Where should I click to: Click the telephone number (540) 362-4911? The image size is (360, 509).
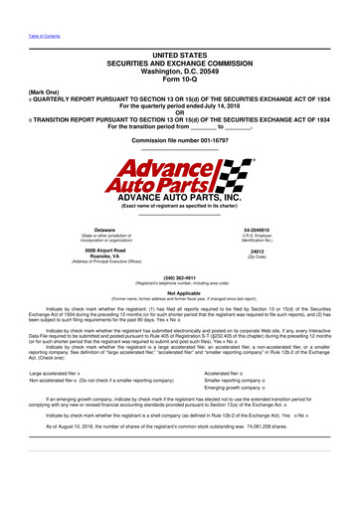coord(180,278)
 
